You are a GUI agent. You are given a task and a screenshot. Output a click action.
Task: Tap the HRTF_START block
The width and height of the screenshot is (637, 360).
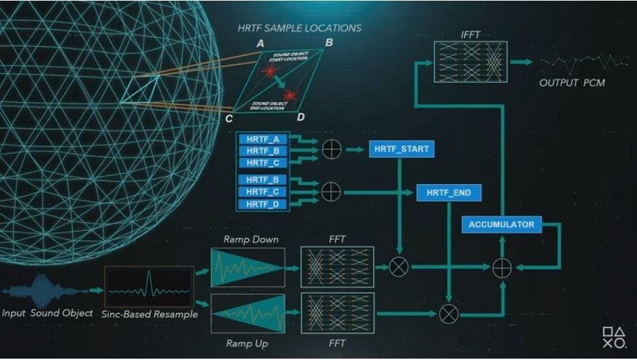400,149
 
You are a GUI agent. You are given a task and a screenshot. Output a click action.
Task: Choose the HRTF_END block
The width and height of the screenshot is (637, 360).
449,192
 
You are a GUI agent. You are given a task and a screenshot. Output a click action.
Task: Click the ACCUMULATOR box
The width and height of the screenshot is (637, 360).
501,224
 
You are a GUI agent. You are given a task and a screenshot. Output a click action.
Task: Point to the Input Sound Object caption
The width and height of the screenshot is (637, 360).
48,313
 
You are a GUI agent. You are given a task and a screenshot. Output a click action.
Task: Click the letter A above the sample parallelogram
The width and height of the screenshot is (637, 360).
260,43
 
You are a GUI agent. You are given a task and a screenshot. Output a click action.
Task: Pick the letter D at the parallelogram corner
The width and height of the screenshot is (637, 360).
301,117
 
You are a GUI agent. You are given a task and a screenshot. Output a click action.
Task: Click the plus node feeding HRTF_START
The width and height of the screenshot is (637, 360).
332,148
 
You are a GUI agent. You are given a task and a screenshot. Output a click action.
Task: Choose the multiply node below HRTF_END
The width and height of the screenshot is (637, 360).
448,314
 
